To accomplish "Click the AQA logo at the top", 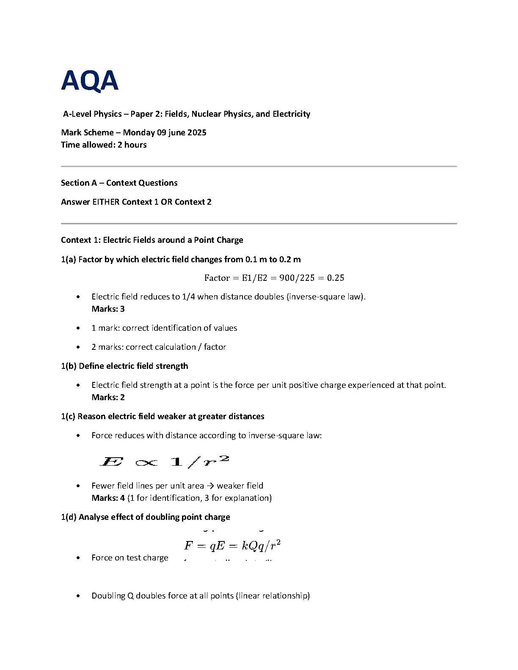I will point(90,81).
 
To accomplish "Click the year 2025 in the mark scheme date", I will point(197,132).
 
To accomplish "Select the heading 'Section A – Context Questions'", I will point(119,183).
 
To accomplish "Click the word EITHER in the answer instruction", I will point(106,202).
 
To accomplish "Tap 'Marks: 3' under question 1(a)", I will point(108,309).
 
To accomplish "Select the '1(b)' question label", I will point(69,366).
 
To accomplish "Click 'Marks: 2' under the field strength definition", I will point(108,397).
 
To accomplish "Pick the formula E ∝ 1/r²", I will point(164,461).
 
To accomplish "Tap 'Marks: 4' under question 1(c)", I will point(108,498).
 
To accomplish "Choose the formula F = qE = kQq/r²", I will point(232,546).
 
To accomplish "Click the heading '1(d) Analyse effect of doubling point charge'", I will point(146,517).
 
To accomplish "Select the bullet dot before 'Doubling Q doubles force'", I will point(78,596).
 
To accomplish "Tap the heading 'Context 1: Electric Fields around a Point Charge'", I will point(152,240).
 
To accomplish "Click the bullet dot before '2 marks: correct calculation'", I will point(78,347).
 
